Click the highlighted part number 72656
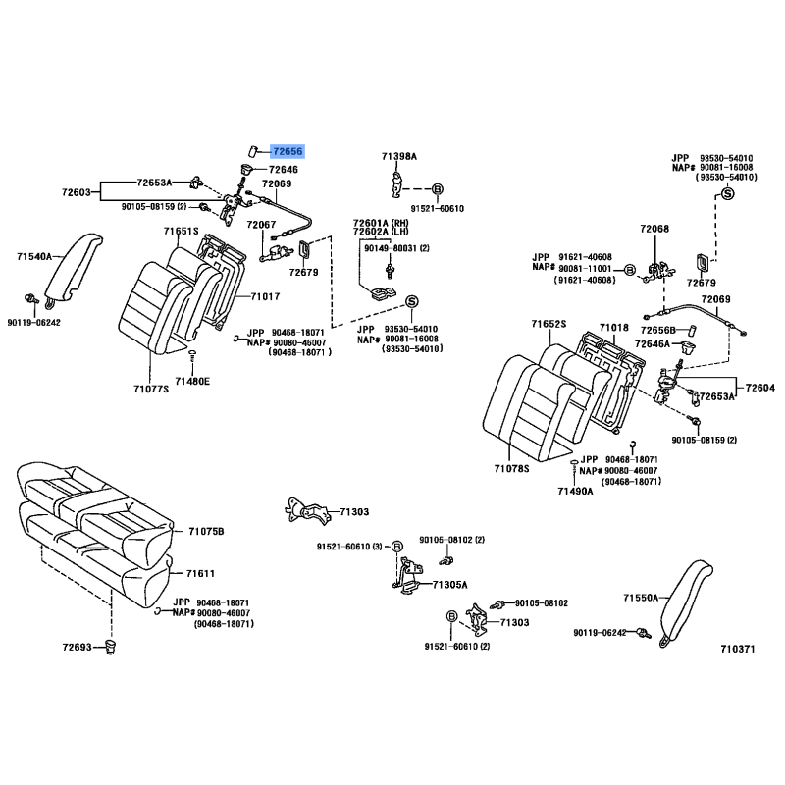[x=288, y=151]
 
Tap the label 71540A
[x=34, y=257]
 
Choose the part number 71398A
[x=399, y=156]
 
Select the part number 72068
[x=654, y=229]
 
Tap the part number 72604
[x=759, y=388]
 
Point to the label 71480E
[x=192, y=381]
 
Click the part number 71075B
[x=206, y=531]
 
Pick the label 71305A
[x=451, y=584]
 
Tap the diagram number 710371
[x=737, y=649]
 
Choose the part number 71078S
[x=511, y=469]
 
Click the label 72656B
[x=662, y=330]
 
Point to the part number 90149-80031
[x=390, y=248]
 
